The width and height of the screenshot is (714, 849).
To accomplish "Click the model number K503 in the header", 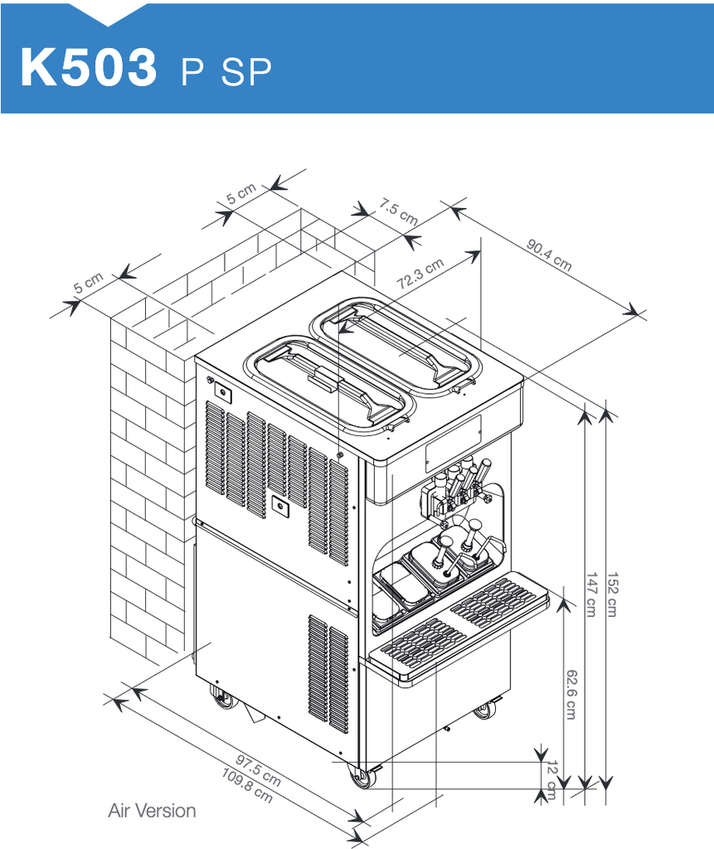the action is coord(88,67).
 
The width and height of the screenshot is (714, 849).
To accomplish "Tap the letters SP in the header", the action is coord(246,71).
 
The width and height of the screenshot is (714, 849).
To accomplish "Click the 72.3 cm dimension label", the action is coord(420,274).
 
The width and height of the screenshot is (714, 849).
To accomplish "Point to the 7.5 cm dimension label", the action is coord(398,211).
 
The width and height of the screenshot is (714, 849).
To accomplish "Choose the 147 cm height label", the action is coord(591,594).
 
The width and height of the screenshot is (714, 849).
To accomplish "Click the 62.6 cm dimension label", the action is coord(571,694).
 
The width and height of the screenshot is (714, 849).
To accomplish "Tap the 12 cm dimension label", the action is coord(551,779).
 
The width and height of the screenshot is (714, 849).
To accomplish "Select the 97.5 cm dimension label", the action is coord(259,770).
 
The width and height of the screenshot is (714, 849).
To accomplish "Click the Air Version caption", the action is coord(152,811).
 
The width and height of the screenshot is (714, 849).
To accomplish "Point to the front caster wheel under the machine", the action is coord(362,778).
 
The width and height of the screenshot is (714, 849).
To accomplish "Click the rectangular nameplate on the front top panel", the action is coord(453,444).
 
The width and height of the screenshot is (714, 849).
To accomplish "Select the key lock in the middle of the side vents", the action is coord(280,506).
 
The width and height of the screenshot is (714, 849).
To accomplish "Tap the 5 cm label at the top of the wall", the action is coord(241,194).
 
